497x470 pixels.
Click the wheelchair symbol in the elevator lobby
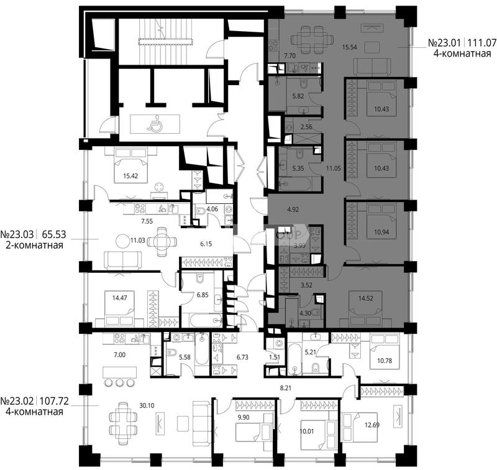[x=153, y=124]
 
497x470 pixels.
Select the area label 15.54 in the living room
[x=350, y=48]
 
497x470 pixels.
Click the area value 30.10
[x=147, y=405]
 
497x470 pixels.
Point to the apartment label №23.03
[x=17, y=234]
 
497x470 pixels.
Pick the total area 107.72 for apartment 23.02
[x=55, y=401]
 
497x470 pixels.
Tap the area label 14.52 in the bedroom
[x=365, y=298]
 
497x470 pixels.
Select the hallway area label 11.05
[x=333, y=168]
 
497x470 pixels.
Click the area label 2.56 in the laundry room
[x=306, y=127]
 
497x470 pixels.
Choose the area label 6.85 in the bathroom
[x=203, y=295]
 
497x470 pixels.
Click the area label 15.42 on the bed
[x=130, y=176]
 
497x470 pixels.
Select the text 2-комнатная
[x=34, y=245]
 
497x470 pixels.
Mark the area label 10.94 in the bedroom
[x=381, y=232]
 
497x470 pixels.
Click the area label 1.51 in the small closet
[x=275, y=357]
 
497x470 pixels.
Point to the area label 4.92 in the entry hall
[x=293, y=210]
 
